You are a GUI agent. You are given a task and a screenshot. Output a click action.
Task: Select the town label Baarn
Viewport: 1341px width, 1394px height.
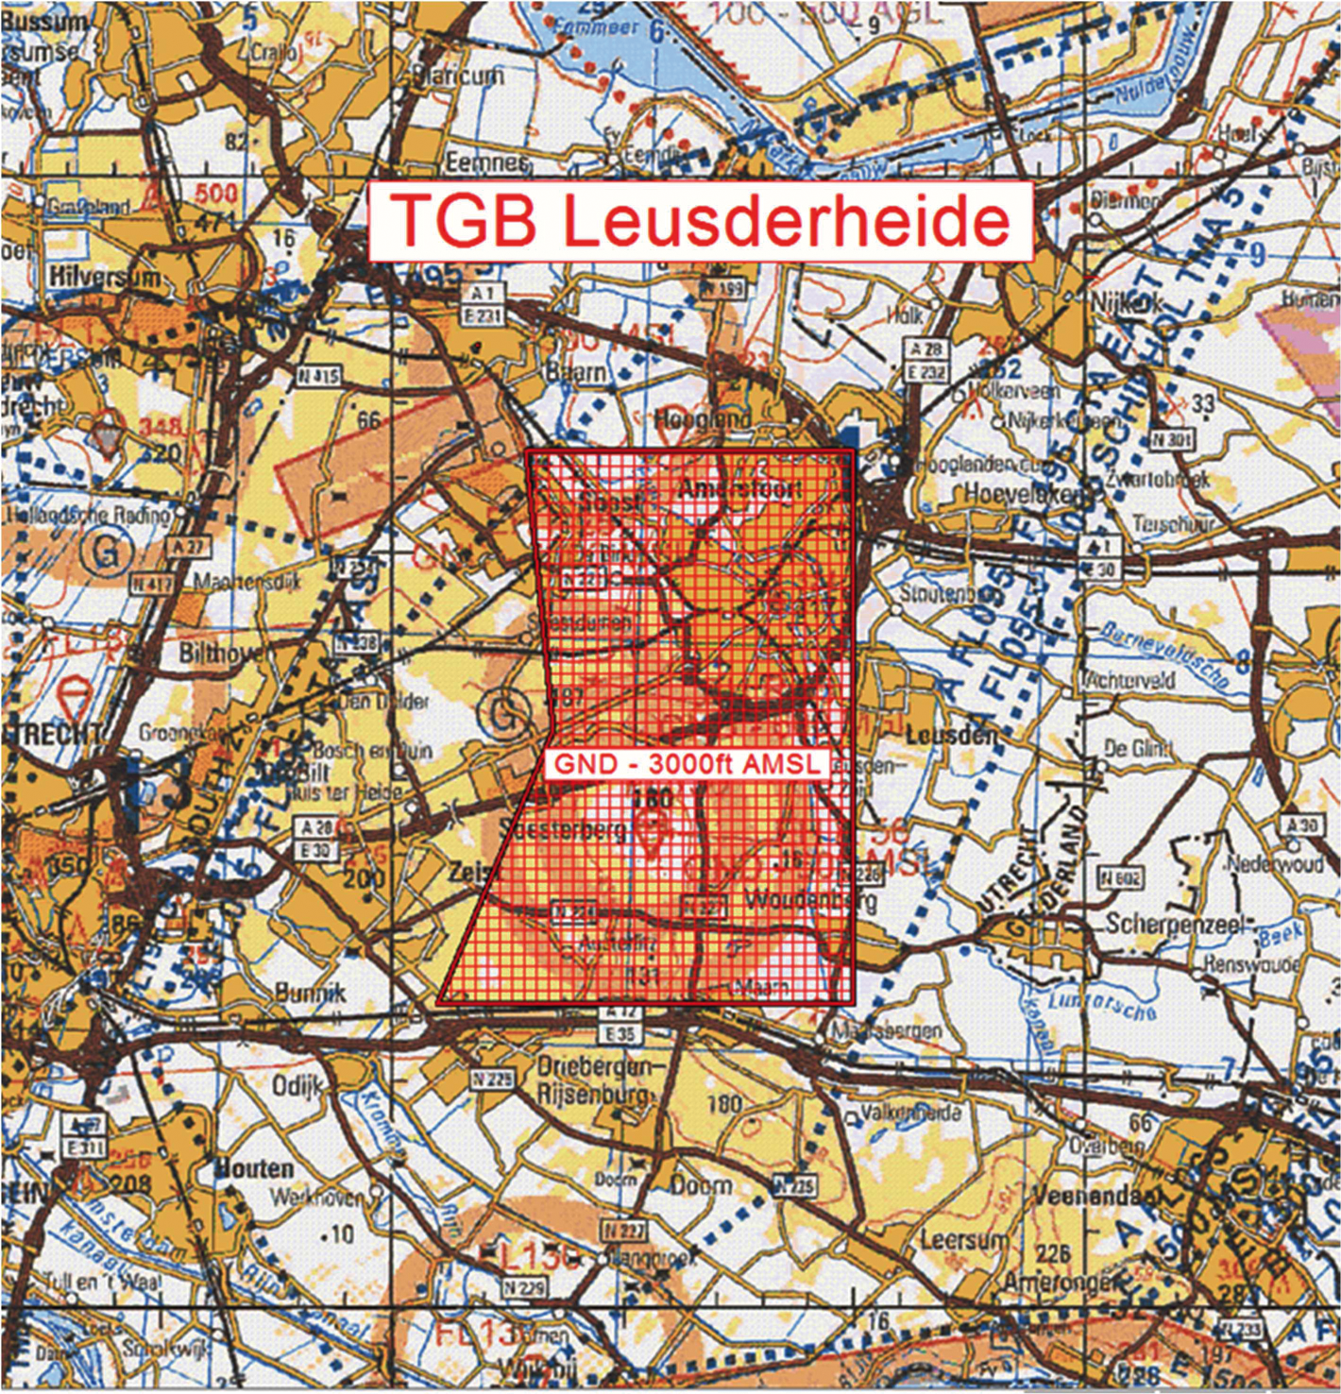click(576, 373)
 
